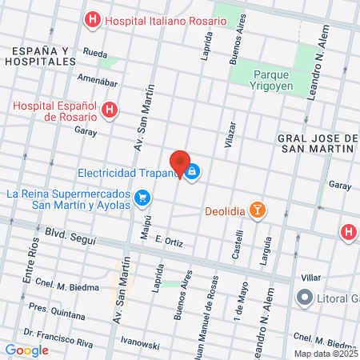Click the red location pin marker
pyautogui.click(x=180, y=163)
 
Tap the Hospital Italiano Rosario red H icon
pyautogui.click(x=94, y=18)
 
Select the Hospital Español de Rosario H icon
pyautogui.click(x=111, y=110)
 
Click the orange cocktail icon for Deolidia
pyautogui.click(x=258, y=210)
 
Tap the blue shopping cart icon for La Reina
pyautogui.click(x=142, y=196)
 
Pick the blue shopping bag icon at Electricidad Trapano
pyautogui.click(x=194, y=170)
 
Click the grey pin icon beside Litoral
pyautogui.click(x=304, y=298)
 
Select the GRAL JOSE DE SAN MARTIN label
pyautogui.click(x=317, y=144)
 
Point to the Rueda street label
pyautogui.click(x=94, y=55)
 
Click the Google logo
pyautogui.click(x=26, y=350)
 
